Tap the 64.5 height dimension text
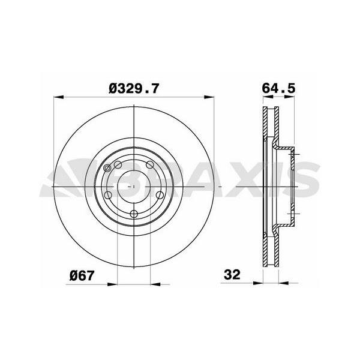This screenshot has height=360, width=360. pos(279,89)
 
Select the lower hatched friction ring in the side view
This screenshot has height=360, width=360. pos(268,246)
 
